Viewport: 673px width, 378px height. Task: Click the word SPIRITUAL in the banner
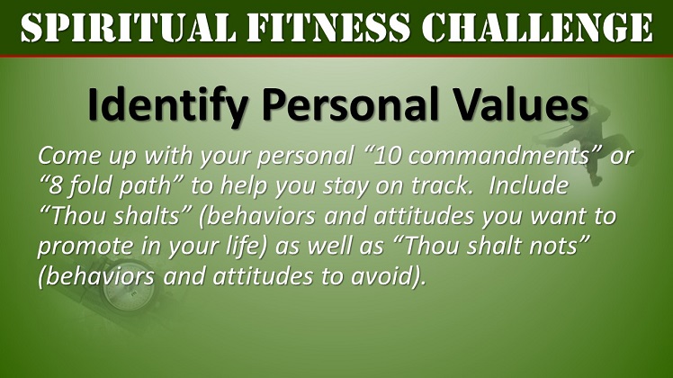[x=128, y=28]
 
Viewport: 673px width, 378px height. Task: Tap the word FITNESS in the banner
[x=329, y=28]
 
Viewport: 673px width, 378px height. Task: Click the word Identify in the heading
[x=168, y=105]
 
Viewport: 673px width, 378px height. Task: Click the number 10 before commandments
[x=388, y=157]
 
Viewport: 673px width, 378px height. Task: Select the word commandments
[x=498, y=157]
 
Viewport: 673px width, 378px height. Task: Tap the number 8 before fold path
[x=54, y=186]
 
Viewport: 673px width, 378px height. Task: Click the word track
[x=439, y=186]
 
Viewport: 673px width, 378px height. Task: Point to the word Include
[x=528, y=186]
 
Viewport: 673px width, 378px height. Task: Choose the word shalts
[x=147, y=216]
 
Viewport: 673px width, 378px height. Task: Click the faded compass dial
[x=129, y=293]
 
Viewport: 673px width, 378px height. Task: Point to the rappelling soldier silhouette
[x=592, y=142]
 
